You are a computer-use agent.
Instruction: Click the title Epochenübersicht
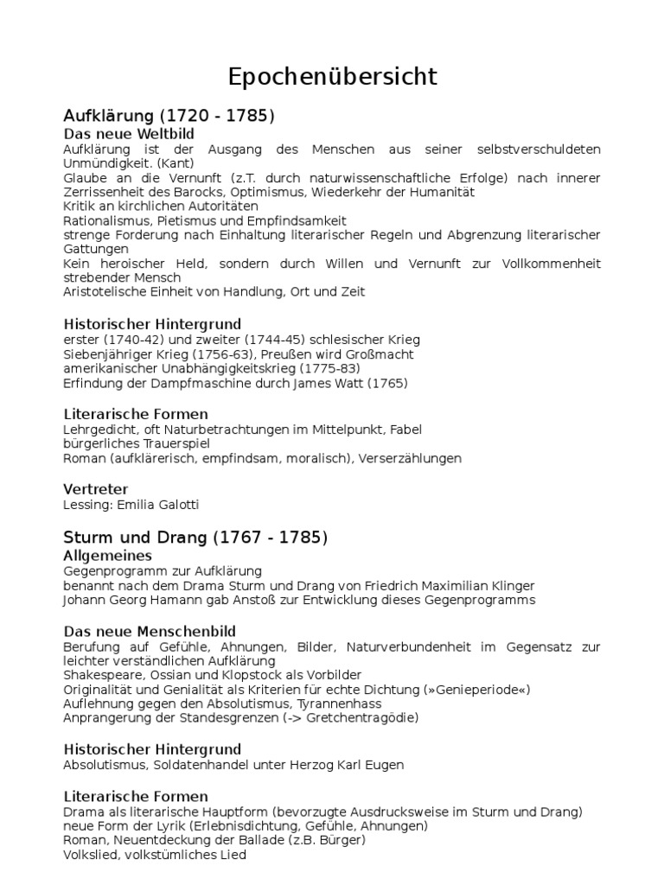[x=333, y=77]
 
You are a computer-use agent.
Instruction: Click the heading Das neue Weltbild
[x=129, y=134]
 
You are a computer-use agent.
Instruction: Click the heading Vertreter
[x=95, y=489]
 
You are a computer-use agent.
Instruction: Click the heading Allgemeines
[x=108, y=555]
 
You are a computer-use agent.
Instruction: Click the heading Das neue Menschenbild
[x=150, y=632]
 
